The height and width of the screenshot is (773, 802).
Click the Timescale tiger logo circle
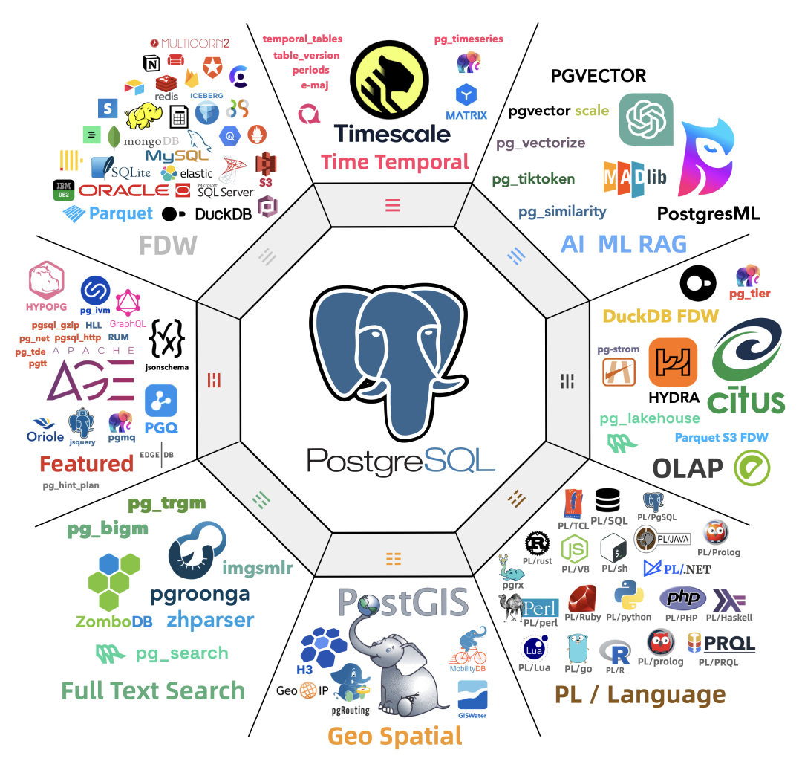tap(389, 76)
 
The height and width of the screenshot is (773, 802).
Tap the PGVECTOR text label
tap(598, 75)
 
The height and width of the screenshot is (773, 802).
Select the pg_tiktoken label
tap(533, 179)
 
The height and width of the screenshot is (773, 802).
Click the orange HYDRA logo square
tap(673, 363)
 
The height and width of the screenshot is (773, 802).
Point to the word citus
tap(746, 399)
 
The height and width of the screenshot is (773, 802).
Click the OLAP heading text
tap(687, 468)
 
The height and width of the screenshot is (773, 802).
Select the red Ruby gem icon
tap(583, 598)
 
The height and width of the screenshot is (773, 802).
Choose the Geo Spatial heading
tap(395, 736)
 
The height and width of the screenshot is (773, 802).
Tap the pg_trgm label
tap(167, 504)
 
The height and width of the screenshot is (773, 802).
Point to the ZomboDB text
tap(114, 621)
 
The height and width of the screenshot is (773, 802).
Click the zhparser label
tap(210, 620)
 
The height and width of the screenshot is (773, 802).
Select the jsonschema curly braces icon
tap(167, 339)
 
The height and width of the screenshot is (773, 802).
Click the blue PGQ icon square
tap(161, 402)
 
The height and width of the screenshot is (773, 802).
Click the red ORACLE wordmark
tap(124, 191)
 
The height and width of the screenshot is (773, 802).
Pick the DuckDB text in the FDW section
tap(221, 214)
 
